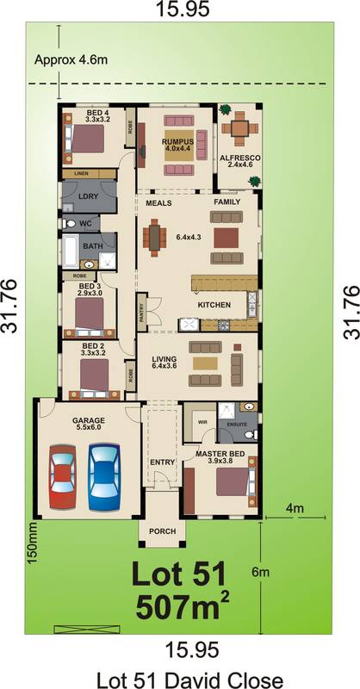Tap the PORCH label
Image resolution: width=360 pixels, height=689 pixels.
point(161,531)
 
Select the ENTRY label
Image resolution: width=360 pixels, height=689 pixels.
point(162,462)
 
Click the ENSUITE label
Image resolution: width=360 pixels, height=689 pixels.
point(237,424)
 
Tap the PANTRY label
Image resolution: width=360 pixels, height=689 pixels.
point(141,316)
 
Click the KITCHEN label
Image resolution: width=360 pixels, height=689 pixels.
point(214,306)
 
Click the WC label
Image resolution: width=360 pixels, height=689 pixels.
point(85,224)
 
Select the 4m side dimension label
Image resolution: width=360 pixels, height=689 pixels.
point(295,508)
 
